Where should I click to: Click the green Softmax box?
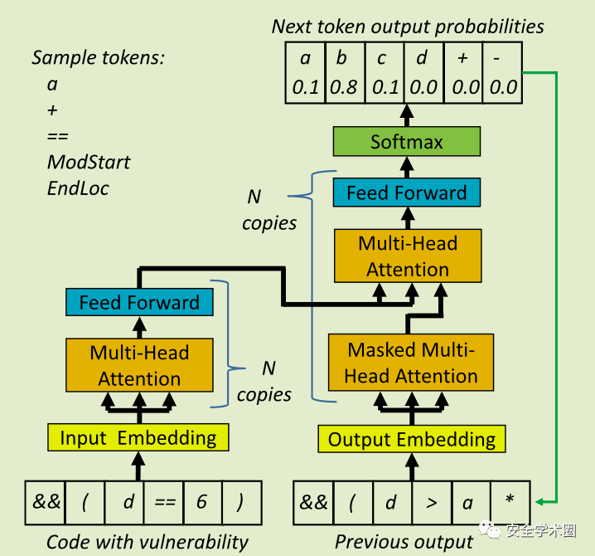coord(406,142)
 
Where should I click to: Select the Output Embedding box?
coord(412,439)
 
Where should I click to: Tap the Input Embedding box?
coord(138,437)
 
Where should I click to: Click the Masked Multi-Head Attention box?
coord(411,363)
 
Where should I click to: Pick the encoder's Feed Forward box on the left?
coord(139,302)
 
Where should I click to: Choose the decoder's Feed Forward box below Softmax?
coord(406,193)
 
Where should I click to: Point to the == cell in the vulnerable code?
coord(163,502)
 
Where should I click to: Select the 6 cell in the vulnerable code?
coord(202,502)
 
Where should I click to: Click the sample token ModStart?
coord(89,161)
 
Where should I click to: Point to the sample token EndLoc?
coord(78,188)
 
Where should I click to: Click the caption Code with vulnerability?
coord(148,542)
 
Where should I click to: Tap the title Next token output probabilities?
coord(408,27)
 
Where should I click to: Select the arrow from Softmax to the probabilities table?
coord(406,115)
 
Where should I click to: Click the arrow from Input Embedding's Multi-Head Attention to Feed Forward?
coord(139,327)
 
